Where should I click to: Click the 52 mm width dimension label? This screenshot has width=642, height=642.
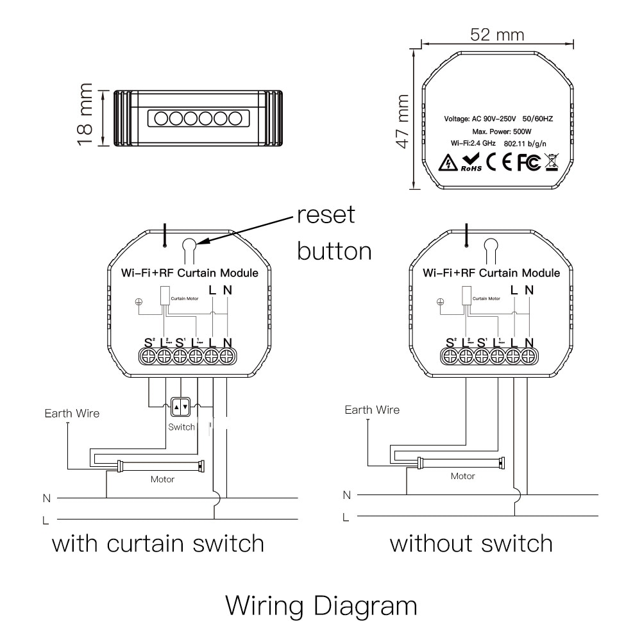click(496, 34)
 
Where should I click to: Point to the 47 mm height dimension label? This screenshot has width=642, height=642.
click(402, 121)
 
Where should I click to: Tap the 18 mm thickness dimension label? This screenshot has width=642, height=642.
click(85, 114)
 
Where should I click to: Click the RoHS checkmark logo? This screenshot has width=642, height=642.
click(471, 162)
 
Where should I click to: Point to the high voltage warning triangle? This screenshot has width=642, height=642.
click(448, 163)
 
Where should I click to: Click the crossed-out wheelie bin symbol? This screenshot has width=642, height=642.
click(551, 162)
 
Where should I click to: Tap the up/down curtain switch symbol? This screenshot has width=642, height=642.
click(181, 407)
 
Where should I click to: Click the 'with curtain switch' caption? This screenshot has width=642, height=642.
click(158, 544)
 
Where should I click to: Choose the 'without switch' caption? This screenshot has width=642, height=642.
click(471, 544)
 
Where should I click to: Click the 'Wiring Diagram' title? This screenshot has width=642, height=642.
click(321, 605)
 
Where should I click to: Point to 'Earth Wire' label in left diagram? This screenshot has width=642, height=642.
click(72, 414)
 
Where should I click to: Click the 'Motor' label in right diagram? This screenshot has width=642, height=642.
click(462, 476)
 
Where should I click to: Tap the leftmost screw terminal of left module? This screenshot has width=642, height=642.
click(148, 357)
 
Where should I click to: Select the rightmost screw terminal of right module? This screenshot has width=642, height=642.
click(528, 357)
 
